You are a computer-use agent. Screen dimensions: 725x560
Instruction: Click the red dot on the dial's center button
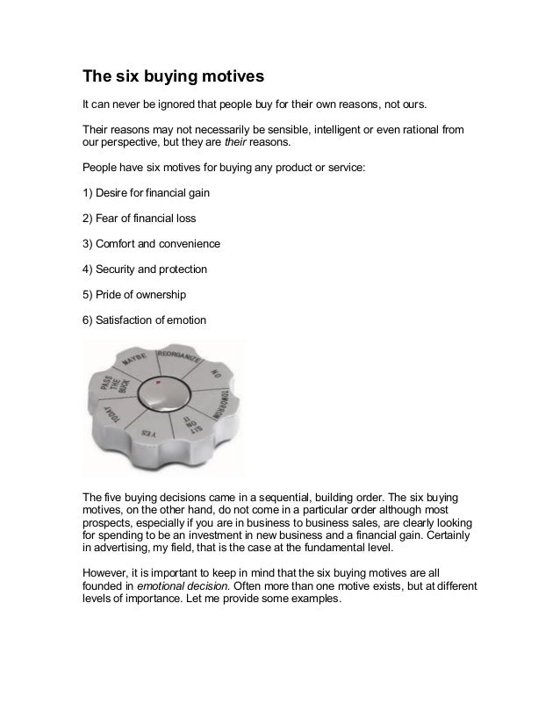pyautogui.click(x=156, y=384)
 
